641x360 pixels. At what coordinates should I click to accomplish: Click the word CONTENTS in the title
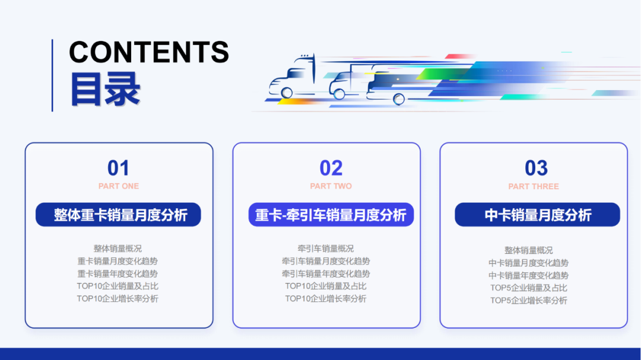point(148,52)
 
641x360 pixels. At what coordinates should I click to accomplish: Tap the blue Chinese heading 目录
point(105,90)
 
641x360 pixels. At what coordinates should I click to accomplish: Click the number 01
point(118,168)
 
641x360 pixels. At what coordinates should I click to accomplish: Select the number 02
point(331,168)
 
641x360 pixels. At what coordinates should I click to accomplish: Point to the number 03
point(536,168)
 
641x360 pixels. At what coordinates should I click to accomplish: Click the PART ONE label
point(119,186)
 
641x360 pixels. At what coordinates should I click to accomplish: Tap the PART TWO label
point(331,186)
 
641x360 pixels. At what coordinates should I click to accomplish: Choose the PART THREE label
point(534,186)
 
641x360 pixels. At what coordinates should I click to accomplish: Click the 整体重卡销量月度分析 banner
point(118,215)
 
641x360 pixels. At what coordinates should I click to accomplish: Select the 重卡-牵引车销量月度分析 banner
point(331,215)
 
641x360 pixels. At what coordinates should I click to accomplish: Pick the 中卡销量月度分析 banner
point(537,215)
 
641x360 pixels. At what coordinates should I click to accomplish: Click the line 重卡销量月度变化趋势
point(118,261)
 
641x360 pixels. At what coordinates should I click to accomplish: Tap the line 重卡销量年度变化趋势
point(118,273)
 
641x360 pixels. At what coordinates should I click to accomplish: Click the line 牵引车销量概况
point(326,249)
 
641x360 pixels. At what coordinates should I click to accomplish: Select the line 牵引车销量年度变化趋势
point(326,273)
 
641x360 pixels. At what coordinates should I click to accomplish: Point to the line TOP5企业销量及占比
point(528,288)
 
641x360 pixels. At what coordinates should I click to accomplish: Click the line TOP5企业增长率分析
point(528,300)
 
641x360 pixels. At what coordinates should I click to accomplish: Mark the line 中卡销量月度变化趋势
point(528,263)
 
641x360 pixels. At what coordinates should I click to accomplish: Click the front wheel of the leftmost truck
point(287,93)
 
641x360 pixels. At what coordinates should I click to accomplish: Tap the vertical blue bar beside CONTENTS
point(52,75)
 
